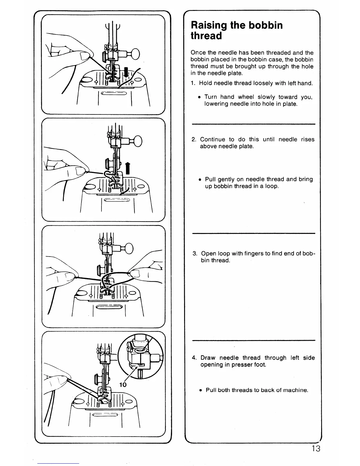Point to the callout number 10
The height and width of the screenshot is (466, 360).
point(123,385)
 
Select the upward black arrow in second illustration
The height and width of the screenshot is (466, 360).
point(128,169)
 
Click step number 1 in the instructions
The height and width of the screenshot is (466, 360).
point(192,83)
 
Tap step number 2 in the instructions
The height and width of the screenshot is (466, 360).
point(194,139)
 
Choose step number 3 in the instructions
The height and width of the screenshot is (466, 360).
point(194,254)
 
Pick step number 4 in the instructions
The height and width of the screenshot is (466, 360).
point(194,358)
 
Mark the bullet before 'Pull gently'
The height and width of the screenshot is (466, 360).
point(200,179)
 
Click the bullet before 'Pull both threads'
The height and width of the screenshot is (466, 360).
point(200,390)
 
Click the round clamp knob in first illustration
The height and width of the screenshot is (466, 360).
point(136,54)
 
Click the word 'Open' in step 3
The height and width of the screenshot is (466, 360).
point(208,254)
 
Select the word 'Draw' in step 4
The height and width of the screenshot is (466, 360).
point(208,358)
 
